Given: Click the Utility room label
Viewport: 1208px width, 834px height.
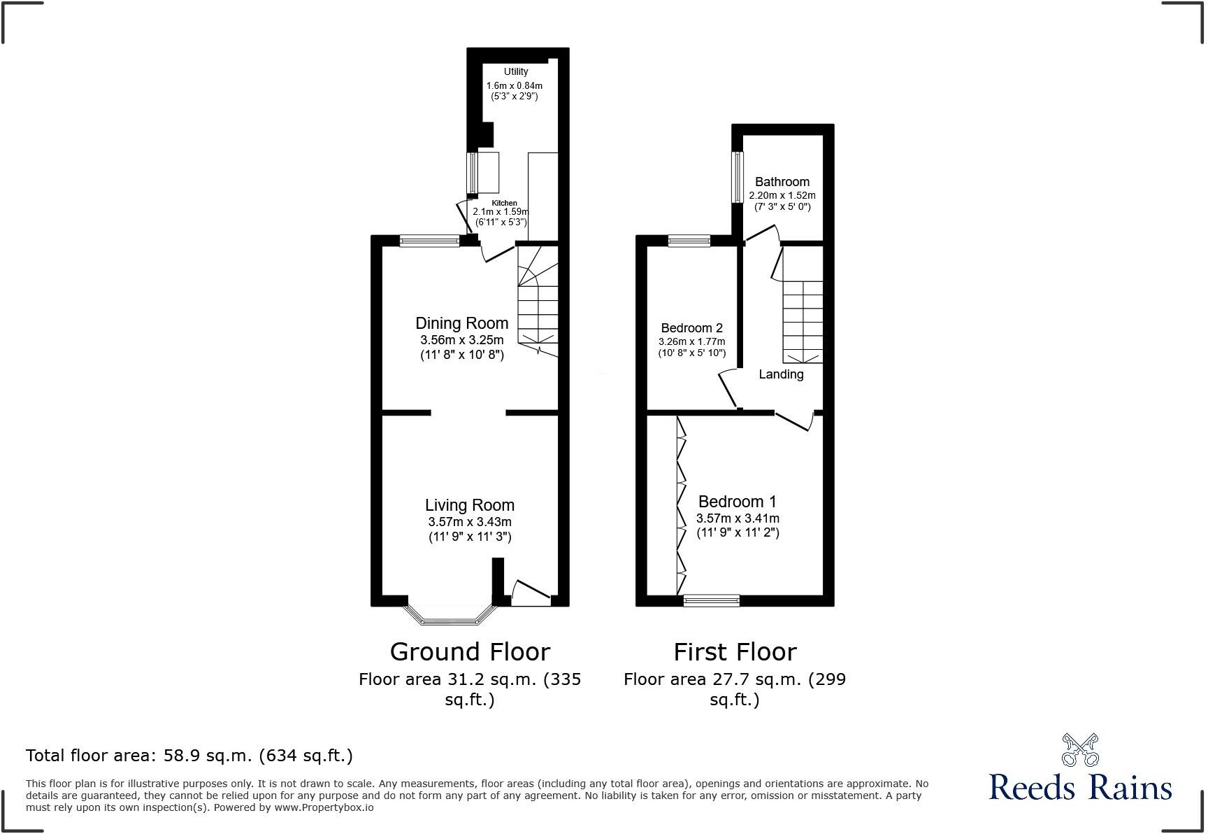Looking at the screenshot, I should tap(516, 71).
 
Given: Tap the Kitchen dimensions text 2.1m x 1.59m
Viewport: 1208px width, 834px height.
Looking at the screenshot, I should tap(501, 212).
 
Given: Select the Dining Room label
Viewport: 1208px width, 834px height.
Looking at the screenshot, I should tap(461, 323).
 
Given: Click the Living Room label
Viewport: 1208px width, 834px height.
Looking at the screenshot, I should tap(469, 505).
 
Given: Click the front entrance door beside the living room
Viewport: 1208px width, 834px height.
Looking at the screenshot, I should tap(531, 592).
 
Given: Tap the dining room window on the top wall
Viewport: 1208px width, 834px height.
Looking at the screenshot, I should tap(429, 241).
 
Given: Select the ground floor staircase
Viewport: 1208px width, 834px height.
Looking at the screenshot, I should tap(538, 301).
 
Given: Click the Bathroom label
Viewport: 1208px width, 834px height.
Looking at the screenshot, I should tap(782, 182).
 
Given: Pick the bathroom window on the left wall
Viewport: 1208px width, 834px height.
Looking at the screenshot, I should tap(738, 177).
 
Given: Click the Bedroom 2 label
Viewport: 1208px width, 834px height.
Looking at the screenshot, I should tap(691, 327).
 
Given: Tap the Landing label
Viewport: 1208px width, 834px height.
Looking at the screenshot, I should tap(781, 374).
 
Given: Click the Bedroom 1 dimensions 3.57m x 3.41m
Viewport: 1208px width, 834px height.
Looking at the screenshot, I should tap(738, 518).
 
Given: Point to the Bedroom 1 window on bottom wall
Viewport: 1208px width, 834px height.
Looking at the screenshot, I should tap(711, 600).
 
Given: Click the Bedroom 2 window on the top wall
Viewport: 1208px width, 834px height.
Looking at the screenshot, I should tap(689, 241).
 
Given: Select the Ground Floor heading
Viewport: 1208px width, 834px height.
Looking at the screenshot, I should tap(470, 651).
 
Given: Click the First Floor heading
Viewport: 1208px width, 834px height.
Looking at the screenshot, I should tap(735, 651).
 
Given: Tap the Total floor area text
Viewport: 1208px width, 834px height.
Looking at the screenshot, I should tap(189, 756).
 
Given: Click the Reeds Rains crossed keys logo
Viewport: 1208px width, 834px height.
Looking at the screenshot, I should tap(1080, 749).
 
